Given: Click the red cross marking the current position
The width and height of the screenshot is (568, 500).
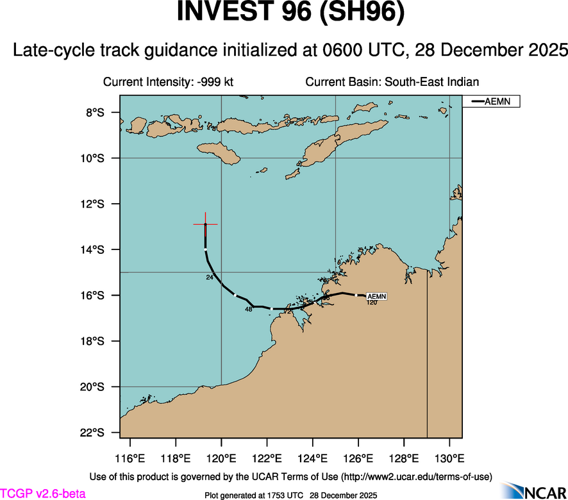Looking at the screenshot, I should point(205,224).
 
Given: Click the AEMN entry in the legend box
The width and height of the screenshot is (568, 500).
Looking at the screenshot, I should point(491,101).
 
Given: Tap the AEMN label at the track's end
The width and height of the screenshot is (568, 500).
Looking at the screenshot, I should point(376,296).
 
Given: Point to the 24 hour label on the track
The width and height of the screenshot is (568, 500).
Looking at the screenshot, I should point(210,278).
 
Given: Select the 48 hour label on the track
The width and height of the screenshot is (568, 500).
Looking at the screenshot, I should point(249,310).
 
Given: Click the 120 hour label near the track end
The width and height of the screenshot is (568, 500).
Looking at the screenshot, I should point(372,303).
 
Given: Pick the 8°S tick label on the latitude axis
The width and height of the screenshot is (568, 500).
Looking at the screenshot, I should point(94,113).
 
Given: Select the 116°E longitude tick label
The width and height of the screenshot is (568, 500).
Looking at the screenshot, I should point(130,460).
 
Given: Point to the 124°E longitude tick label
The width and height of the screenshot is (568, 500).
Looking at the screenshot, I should point(313,460).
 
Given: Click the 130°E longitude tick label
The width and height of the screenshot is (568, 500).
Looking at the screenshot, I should point(449,460).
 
